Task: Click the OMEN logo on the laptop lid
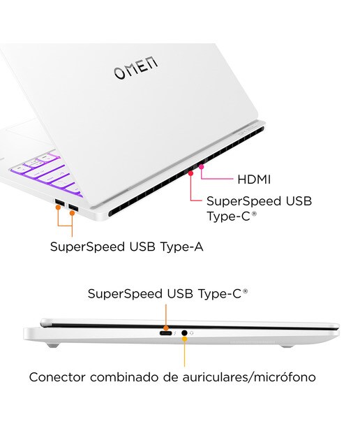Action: [135, 68]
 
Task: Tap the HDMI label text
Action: [254, 179]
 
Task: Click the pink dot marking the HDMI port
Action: [202, 167]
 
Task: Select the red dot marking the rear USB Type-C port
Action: [191, 173]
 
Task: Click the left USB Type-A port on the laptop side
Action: [60, 203]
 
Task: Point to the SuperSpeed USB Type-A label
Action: [127, 247]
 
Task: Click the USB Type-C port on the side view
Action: [165, 333]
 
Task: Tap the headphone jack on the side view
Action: [184, 332]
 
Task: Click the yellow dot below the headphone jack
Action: [185, 339]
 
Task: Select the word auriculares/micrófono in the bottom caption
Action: [249, 377]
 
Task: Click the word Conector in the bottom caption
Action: [57, 377]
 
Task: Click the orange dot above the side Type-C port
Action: [166, 328]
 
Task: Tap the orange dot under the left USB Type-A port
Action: [58, 207]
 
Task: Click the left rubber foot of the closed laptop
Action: [53, 346]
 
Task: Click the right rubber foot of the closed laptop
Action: [287, 346]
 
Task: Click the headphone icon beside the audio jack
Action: [191, 332]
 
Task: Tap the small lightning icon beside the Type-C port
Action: [175, 333]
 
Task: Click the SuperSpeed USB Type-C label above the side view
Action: [167, 293]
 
